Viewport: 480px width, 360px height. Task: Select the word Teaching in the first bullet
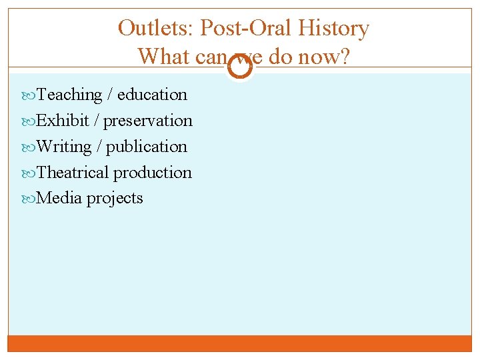69,95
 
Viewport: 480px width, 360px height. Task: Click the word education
152,95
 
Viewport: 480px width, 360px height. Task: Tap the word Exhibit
63,121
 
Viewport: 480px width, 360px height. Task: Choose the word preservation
148,121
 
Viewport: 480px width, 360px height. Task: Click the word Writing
65,147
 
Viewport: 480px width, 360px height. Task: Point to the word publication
147,147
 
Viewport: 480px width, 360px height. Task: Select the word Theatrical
73,173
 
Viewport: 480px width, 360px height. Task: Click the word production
152,173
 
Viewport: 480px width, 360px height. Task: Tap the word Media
60,198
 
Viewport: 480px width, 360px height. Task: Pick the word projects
115,198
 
